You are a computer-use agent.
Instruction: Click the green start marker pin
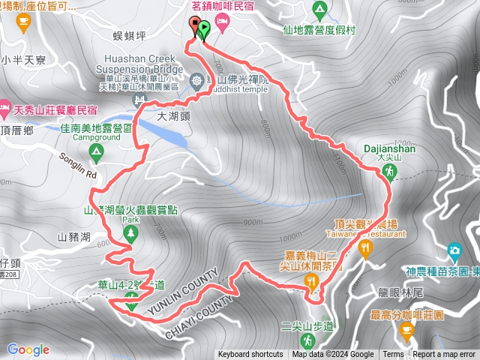pos(203,29)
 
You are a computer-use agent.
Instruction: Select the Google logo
pos(28,349)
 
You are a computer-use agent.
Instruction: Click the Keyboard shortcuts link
pos(250,355)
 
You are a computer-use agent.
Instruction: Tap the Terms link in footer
pos(393,355)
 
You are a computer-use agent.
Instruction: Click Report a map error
pos(445,355)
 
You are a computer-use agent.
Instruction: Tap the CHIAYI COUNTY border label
pos(196,307)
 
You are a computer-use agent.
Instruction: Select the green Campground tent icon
pos(95,152)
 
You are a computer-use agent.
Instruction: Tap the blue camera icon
pos(454,250)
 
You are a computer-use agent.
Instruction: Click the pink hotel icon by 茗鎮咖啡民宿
pos(222,22)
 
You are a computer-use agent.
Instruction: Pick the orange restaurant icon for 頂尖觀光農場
pos(365,248)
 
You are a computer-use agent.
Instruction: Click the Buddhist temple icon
pos(197,79)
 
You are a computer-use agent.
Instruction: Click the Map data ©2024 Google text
pos(333,355)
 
